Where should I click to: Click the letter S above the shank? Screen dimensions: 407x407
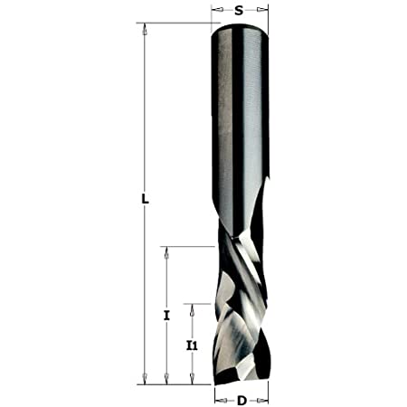[239, 11]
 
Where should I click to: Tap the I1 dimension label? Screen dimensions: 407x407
[191, 345]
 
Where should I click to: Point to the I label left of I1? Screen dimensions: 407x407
[166, 316]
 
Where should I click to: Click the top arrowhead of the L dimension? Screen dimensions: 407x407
[144, 27]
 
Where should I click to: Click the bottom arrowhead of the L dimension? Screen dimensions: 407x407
[144, 379]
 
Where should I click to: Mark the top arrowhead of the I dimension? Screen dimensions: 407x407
[166, 250]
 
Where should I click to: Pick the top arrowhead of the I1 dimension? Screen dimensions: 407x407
[191, 308]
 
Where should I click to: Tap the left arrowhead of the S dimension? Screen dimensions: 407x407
[217, 11]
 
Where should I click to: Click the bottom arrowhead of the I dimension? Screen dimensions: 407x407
[166, 379]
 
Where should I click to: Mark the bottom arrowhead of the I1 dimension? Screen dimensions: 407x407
[191, 379]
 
